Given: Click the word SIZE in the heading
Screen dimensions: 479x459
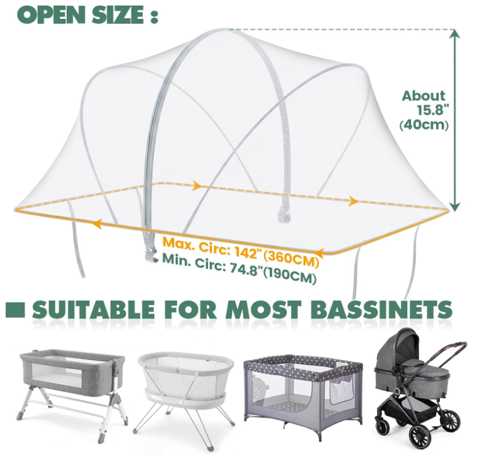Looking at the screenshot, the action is pos(118,15).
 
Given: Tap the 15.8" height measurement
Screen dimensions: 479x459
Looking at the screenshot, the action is pos(433,110).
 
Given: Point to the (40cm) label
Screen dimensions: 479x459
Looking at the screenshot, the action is pos(424,125).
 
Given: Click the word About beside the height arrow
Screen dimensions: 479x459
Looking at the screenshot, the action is pos(424,96).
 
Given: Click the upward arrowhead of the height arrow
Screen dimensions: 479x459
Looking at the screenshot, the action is pos(455,34).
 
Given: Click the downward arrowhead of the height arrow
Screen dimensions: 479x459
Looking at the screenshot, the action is pos(455,207).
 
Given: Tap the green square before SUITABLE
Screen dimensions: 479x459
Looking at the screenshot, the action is pos(15,310).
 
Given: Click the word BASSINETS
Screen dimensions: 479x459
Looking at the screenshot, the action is pos(383,310).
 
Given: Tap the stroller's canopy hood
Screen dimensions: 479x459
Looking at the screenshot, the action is pos(397,349).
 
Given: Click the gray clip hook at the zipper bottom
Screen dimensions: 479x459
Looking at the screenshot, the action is pos(150,253).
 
